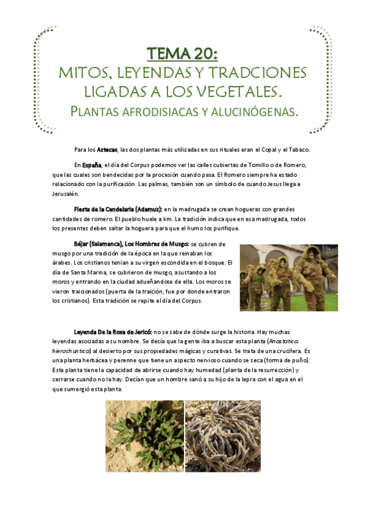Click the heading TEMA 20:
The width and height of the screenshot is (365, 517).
[x=183, y=54]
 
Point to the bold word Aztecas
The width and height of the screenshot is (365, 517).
[x=107, y=150]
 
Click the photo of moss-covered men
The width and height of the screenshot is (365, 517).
[x=289, y=277]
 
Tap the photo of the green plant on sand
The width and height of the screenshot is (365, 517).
[x=144, y=436]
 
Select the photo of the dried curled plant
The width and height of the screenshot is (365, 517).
[x=222, y=436]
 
